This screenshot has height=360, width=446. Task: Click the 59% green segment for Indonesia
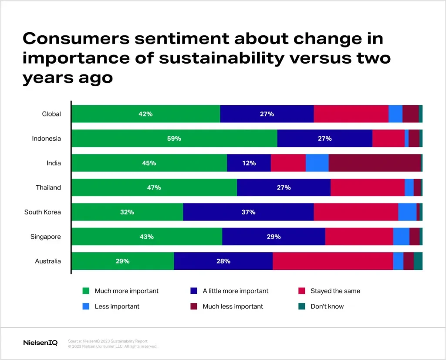(x=174, y=139)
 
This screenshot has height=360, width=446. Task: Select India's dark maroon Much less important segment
(x=375, y=163)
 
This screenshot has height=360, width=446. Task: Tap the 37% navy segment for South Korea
(x=248, y=212)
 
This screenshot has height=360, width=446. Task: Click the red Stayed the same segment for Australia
(x=333, y=262)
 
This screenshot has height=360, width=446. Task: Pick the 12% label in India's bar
(x=249, y=163)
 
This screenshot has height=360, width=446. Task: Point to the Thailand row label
(x=48, y=188)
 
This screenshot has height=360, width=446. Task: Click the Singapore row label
(x=45, y=237)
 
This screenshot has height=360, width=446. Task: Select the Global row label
(x=51, y=114)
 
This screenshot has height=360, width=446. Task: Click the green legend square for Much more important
(x=86, y=291)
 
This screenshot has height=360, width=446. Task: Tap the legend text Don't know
(x=327, y=306)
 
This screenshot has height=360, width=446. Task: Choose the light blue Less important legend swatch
(x=86, y=306)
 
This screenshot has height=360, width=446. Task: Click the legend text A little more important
(x=235, y=291)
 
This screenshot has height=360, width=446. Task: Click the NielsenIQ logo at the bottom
(x=40, y=343)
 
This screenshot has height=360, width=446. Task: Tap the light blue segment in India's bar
(x=317, y=163)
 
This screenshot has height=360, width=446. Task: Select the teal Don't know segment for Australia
(x=418, y=262)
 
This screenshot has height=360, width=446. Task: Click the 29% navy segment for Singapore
(x=274, y=237)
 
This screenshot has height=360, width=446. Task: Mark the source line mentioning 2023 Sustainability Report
(x=108, y=341)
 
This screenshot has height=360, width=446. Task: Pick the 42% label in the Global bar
(x=145, y=114)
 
